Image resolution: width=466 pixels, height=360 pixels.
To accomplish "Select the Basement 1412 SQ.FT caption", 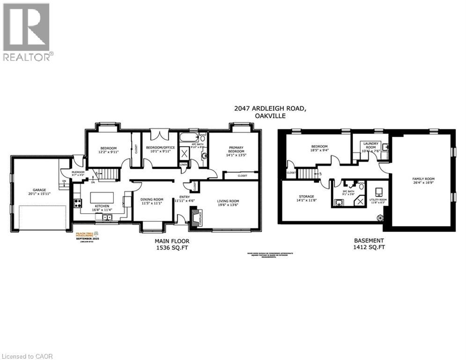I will [369, 244].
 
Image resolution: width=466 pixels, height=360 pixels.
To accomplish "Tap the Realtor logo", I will [27, 32].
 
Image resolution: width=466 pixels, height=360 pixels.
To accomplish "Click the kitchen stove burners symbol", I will [77, 203].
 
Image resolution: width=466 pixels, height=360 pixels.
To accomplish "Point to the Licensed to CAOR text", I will [27, 356].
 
